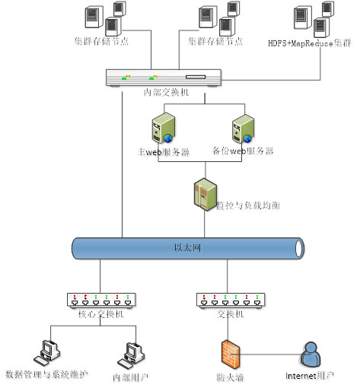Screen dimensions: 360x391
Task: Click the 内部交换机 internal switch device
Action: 164,78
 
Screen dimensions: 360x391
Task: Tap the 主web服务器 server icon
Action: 163,128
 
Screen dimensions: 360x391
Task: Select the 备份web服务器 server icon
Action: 243,129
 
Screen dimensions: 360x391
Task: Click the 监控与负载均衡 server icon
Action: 205,195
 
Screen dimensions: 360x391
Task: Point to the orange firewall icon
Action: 231,354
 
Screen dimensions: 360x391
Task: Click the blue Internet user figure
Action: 311,354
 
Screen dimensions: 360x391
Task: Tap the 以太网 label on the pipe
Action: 187,248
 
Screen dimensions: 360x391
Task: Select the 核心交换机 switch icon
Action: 101,300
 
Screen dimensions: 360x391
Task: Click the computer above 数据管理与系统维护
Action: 47,353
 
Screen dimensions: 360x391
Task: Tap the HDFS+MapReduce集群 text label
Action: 310,43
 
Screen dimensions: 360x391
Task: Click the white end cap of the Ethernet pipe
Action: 299,248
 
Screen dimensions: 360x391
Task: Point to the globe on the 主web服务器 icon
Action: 167,138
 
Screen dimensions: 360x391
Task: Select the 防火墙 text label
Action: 230,377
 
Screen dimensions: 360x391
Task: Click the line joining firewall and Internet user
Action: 269,354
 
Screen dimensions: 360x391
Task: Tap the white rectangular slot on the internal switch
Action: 196,77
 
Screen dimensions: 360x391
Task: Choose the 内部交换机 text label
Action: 166,92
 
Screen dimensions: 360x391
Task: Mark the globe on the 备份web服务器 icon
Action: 247,138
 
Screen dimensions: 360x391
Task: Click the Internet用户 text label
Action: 310,376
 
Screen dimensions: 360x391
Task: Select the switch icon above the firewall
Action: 231,300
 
